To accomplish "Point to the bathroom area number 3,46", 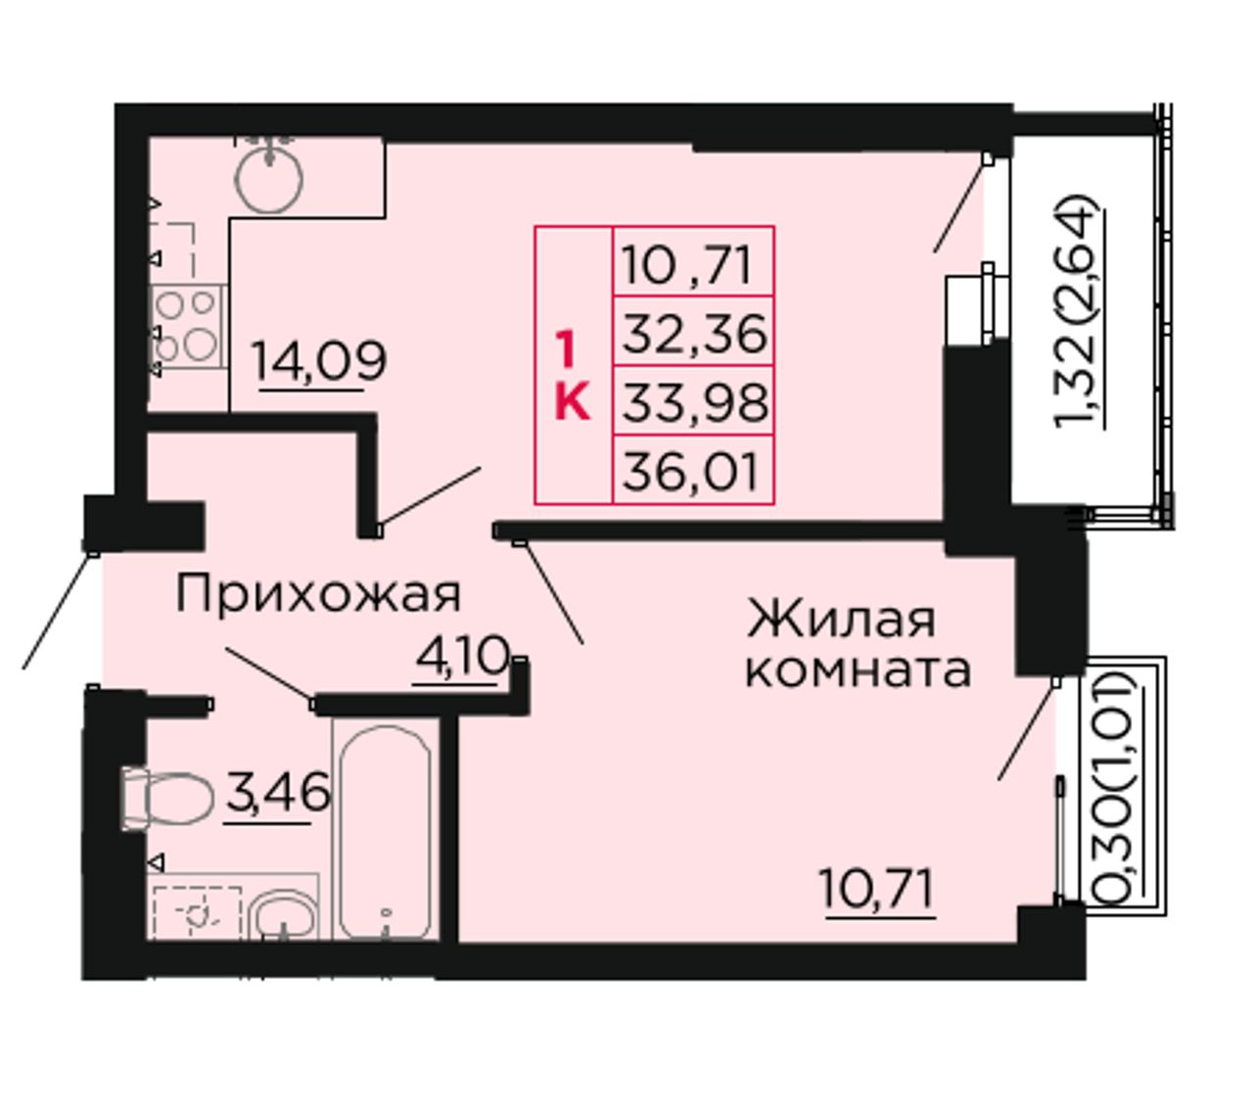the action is coord(277,794).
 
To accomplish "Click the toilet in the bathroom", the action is coord(167,799).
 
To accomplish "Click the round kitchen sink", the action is coord(269,177).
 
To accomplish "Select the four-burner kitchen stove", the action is coord(187,326).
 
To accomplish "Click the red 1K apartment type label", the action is coord(572,375).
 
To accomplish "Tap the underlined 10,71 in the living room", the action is coord(877,889).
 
